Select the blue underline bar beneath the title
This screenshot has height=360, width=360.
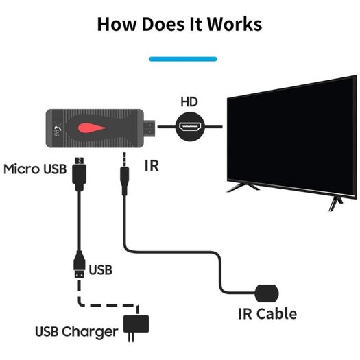click(x=183, y=59)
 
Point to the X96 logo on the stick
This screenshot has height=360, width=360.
click(x=56, y=131)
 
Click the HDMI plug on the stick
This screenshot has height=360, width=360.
click(x=149, y=128)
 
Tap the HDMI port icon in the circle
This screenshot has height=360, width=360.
click(x=190, y=127)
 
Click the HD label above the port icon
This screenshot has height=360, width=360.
click(x=189, y=102)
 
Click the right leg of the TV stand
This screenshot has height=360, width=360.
click(x=335, y=203)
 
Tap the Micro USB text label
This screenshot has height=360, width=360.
click(x=35, y=169)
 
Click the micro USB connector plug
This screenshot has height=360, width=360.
click(x=80, y=174)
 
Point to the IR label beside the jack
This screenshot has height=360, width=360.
click(x=152, y=165)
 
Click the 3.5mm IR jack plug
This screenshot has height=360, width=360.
click(x=124, y=174)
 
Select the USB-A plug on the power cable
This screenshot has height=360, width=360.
click(x=80, y=265)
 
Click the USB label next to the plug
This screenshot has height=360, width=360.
click(x=101, y=269)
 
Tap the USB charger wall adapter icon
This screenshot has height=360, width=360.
click(x=136, y=326)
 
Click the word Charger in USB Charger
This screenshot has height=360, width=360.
click(x=90, y=332)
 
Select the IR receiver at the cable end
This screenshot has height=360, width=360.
click(x=267, y=293)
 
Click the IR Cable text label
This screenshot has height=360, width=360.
click(x=267, y=314)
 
